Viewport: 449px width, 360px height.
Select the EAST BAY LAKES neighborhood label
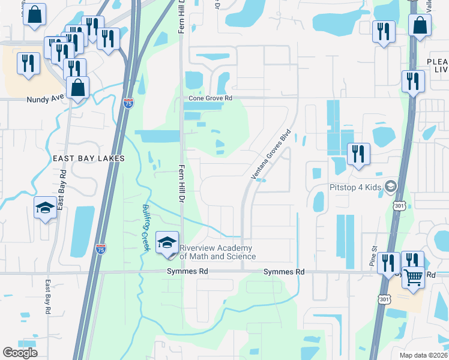coord(88,158)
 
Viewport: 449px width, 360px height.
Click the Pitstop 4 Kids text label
coord(355,188)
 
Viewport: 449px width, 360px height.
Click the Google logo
coord(20,353)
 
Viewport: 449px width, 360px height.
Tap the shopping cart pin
coord(412,278)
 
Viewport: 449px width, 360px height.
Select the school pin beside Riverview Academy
coord(167,243)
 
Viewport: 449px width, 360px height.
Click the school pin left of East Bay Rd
coord(45,208)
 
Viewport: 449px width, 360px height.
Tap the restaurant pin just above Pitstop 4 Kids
coord(358,154)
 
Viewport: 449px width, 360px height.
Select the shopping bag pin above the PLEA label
coord(420,26)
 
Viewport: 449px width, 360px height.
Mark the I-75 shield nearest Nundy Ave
coord(128,104)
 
